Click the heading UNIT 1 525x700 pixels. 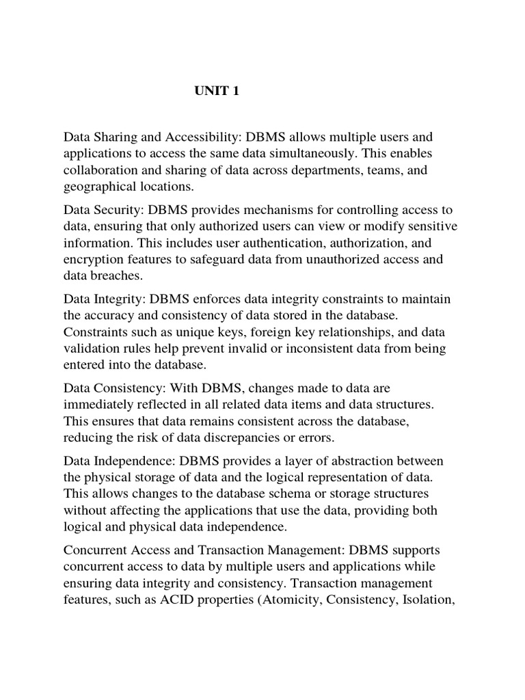point(217,91)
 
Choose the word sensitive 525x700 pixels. point(432,226)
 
